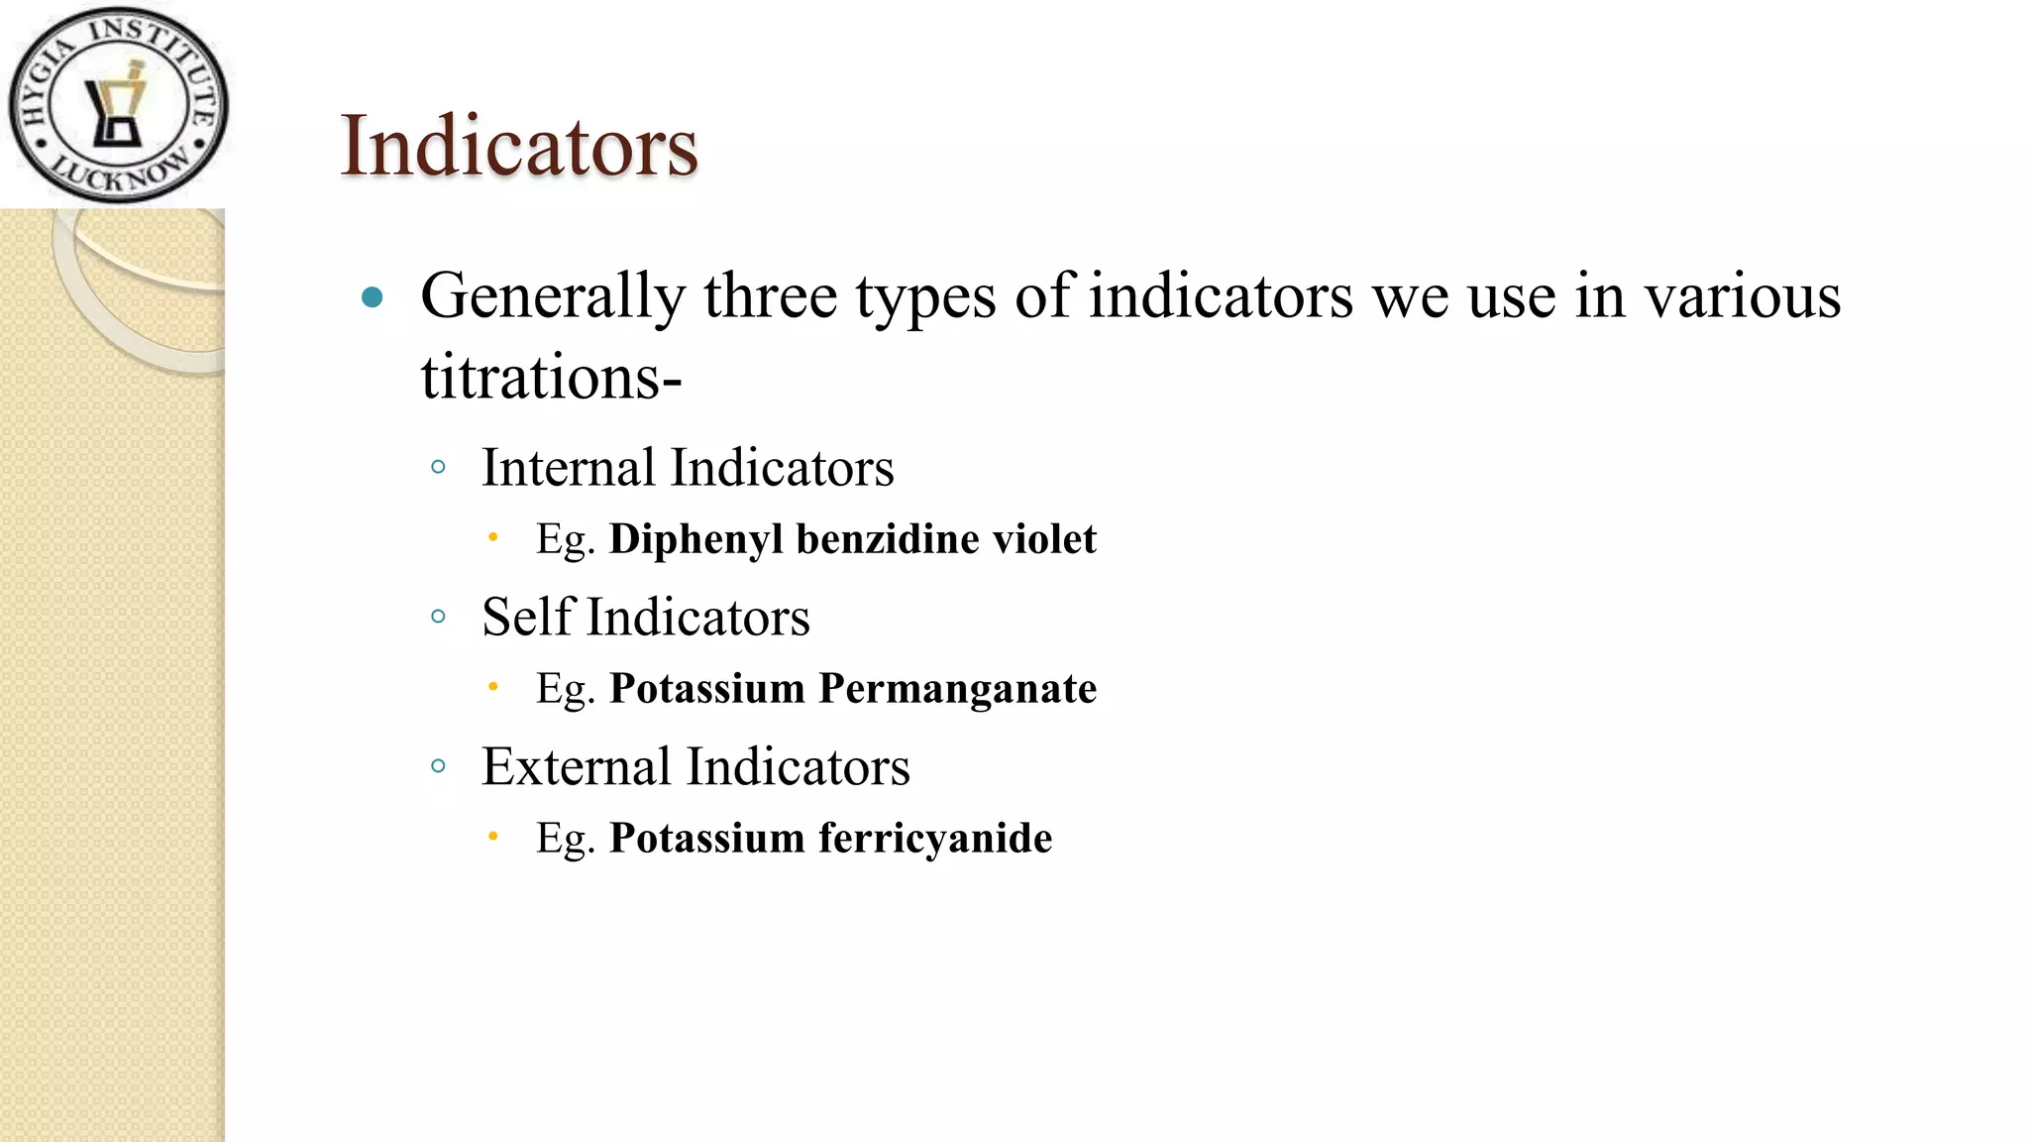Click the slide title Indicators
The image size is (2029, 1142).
tap(519, 147)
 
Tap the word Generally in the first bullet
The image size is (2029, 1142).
tap(553, 296)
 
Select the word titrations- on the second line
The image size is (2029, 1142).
tap(551, 378)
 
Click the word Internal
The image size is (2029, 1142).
tap(569, 468)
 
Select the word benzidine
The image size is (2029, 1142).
tap(888, 540)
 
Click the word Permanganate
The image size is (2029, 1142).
tap(957, 689)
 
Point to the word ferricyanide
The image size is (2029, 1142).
tap(935, 839)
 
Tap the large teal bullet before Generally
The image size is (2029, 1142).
tap(373, 296)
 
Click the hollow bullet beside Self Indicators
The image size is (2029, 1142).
tap(439, 617)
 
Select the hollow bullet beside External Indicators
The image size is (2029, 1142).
tap(439, 765)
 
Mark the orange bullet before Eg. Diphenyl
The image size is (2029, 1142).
tap(493, 538)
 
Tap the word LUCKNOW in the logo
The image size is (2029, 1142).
tap(122, 172)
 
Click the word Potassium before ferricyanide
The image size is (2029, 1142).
tap(706, 839)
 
